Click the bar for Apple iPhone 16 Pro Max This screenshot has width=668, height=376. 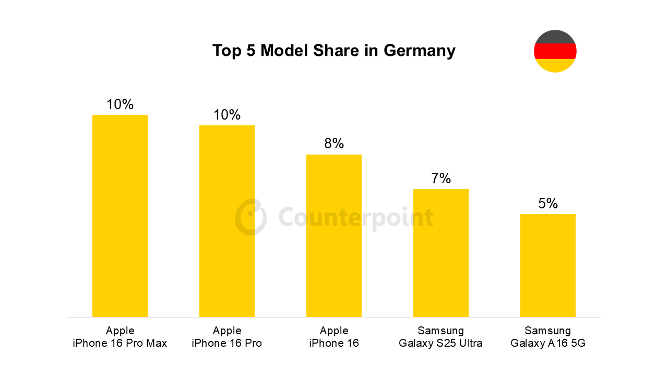pos(120,216)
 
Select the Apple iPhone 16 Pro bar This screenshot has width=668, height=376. pos(227,221)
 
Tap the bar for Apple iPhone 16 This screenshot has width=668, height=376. pos(334,236)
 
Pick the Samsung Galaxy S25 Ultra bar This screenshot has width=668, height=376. pos(441,253)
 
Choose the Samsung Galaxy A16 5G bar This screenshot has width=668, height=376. pos(548,265)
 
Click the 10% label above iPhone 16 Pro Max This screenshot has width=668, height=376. pos(120,104)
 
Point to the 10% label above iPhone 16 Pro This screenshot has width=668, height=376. pos(227,115)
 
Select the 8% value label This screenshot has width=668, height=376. pos(334,144)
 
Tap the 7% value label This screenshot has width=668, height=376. pos(441,179)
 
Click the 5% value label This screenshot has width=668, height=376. pos(548,204)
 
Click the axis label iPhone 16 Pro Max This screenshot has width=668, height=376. pos(120,343)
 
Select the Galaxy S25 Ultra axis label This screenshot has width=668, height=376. pos(441,343)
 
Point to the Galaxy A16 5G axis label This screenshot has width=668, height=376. pos(548,343)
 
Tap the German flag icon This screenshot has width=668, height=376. pos(555,51)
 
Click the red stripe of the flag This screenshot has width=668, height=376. pos(555,51)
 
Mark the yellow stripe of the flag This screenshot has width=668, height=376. pos(555,65)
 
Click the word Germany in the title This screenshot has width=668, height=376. pos(420,51)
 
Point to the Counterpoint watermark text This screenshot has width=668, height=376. pos(356,217)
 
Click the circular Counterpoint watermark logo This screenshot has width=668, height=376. pos(250,217)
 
